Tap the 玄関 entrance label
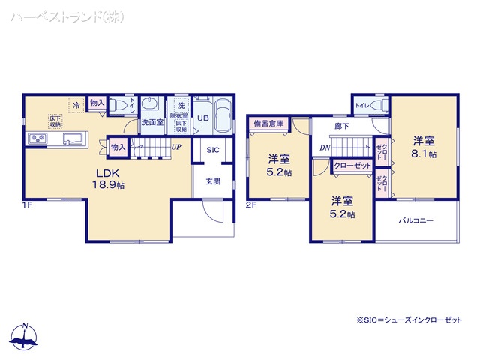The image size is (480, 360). (x=212, y=181)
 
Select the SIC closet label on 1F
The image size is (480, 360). (x=212, y=150)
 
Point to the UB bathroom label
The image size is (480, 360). (x=202, y=118)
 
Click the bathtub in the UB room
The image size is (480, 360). (x=223, y=116)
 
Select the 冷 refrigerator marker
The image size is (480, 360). (x=76, y=106)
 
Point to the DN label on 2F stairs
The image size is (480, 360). (x=324, y=148)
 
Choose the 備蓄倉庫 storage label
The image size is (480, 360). (x=268, y=124)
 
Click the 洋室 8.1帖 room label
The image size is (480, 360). (x=424, y=146)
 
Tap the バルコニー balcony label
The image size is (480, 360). (x=415, y=221)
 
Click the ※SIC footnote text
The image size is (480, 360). (x=409, y=320)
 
